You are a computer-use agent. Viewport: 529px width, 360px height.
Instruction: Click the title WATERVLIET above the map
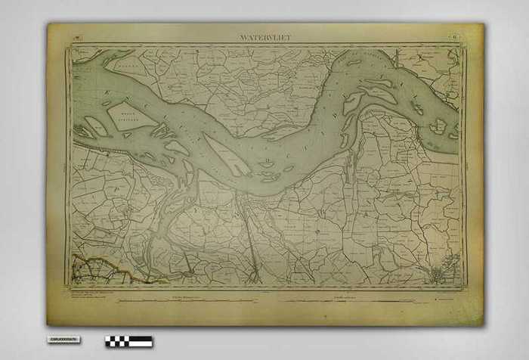pyautogui.click(x=264, y=36)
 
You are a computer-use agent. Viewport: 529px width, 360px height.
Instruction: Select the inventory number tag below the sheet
pyautogui.click(x=63, y=340)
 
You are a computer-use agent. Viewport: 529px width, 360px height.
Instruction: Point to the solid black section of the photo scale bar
pyautogui.click(x=140, y=341)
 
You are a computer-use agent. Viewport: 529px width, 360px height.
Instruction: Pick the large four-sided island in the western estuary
pyautogui.click(x=132, y=116)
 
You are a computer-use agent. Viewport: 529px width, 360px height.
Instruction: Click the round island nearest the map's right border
pyautogui.click(x=437, y=128)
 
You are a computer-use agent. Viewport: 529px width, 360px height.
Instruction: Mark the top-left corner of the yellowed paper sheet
pyautogui.click(x=48, y=24)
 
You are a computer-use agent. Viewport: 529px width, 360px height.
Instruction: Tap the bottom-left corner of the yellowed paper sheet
pyautogui.click(x=48, y=326)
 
